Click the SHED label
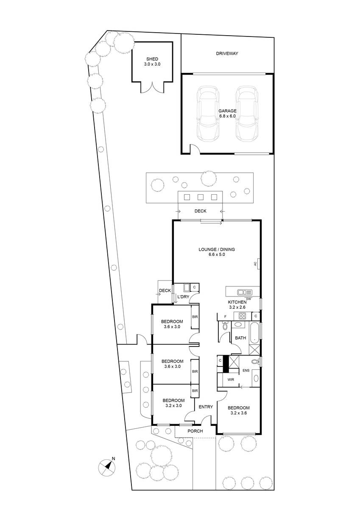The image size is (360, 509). point(152,59)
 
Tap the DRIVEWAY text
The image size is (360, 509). point(227,53)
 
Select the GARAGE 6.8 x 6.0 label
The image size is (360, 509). point(227,113)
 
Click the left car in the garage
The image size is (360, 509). point(208,114)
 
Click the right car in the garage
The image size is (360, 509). point(247,114)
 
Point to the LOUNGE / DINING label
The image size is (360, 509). point(217,249)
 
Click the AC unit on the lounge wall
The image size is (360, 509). point(258,263)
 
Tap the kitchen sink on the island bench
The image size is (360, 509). point(245,292)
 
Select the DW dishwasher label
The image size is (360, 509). point(249,299)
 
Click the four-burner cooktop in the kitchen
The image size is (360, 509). point(243,316)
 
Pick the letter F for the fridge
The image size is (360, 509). point(225,316)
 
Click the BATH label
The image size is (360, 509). point(240,338)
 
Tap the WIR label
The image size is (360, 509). point(231,380)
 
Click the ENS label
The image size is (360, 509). point(246,370)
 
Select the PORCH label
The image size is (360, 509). point(195,431)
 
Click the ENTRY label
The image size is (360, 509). point(206,407)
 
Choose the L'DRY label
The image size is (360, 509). point(183,297)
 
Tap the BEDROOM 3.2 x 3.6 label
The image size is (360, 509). point(238,411)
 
